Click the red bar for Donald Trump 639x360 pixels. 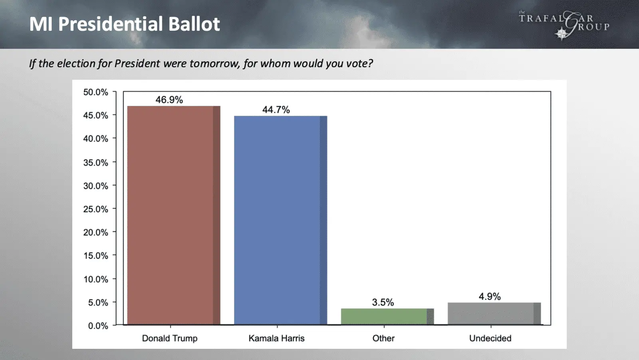click(x=174, y=215)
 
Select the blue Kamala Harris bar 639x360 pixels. click(x=281, y=221)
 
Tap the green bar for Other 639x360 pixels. click(x=387, y=316)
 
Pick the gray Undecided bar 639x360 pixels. click(x=494, y=314)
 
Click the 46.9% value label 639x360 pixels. click(x=169, y=99)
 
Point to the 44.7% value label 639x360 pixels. click(x=276, y=109)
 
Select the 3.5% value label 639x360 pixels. click(x=383, y=302)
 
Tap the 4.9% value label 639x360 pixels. click(x=490, y=296)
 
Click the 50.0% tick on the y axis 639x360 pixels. click(x=95, y=92)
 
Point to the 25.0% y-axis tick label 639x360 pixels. click(x=95, y=209)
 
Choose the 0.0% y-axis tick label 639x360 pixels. click(x=98, y=326)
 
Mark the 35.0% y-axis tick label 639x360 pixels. click(x=95, y=163)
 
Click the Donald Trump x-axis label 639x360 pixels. click(x=170, y=338)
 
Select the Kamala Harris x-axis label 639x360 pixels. click(x=276, y=338)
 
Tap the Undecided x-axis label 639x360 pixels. click(x=490, y=338)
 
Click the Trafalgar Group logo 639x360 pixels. click(x=564, y=25)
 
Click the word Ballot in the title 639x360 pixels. click(x=194, y=24)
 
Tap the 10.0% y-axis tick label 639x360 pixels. click(x=95, y=279)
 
